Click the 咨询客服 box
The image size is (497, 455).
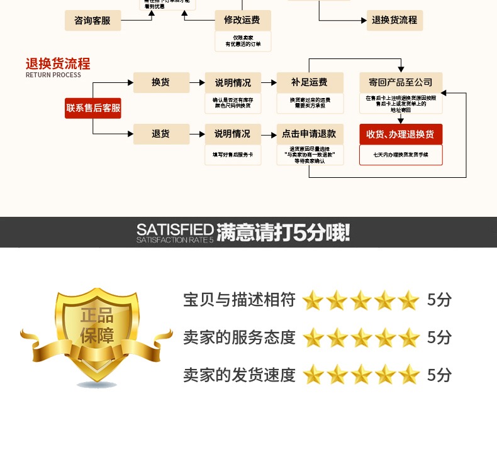point(92,21)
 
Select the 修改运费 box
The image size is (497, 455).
point(243,21)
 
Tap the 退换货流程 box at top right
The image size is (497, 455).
point(394,20)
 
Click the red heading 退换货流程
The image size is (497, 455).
point(58,63)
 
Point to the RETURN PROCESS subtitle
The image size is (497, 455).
point(53,75)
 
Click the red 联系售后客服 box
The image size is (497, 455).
point(93,108)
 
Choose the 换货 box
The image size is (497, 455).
point(160,82)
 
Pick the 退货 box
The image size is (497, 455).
point(160,134)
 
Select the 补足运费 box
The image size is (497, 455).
point(310,82)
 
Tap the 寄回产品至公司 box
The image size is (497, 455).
point(401,82)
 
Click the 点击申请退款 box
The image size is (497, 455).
point(310,134)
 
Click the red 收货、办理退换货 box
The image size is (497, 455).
point(401,134)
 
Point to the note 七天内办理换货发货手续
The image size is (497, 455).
point(401,154)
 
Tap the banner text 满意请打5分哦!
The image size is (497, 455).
point(283,233)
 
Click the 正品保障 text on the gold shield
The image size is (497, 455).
point(96,325)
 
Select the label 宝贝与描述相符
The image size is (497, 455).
point(239,300)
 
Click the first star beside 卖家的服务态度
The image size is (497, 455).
point(313,338)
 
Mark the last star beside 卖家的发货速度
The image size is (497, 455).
point(409,375)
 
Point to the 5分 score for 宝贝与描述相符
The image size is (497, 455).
point(439,300)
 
